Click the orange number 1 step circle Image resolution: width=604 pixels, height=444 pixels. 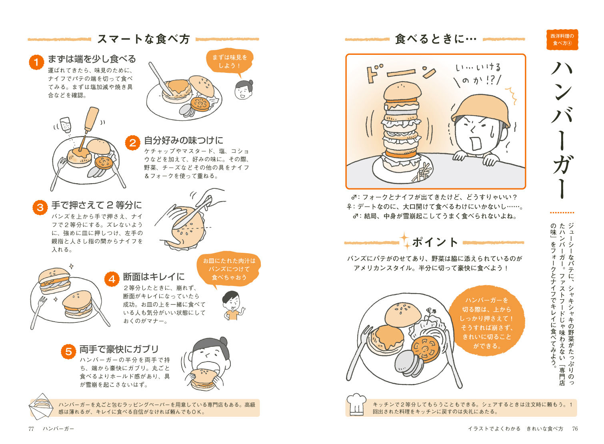click(x=36, y=62)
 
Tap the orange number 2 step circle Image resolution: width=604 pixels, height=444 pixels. click(x=133, y=143)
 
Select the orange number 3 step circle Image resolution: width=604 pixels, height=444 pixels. click(x=40, y=207)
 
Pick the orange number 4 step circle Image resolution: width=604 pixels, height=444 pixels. click(x=112, y=279)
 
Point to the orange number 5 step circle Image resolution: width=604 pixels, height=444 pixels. click(x=68, y=351)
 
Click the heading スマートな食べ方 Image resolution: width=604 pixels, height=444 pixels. click(x=144, y=39)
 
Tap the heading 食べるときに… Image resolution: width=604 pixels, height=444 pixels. click(x=436, y=39)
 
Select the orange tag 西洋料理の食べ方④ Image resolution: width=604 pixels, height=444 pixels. click(x=562, y=40)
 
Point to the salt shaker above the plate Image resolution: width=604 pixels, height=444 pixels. click(x=66, y=124)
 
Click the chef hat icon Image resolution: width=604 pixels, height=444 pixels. click(x=356, y=404)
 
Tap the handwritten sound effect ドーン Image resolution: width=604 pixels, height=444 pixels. click(x=401, y=73)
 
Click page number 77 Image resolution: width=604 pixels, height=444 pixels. click(x=31, y=429)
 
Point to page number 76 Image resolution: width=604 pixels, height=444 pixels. click(x=575, y=429)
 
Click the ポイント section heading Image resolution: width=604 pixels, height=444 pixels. click(x=435, y=242)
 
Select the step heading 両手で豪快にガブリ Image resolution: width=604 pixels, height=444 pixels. click(x=119, y=349)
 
